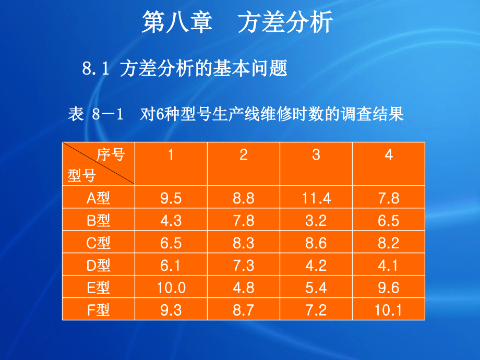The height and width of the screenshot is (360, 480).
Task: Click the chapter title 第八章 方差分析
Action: click(237, 23)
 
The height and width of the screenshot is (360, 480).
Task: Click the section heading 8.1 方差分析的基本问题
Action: click(185, 69)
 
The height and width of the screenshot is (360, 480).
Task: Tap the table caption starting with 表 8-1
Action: click(236, 114)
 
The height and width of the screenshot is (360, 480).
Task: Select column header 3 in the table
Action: click(316, 155)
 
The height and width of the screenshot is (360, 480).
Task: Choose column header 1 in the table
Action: click(171, 155)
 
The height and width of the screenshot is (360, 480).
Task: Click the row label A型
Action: click(98, 198)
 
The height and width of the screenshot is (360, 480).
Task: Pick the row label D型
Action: click(98, 265)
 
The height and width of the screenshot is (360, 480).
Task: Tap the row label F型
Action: click(98, 310)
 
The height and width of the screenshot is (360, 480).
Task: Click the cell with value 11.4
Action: click(316, 198)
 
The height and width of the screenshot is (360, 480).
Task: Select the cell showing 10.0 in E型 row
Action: click(171, 287)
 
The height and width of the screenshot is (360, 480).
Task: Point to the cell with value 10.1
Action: click(389, 310)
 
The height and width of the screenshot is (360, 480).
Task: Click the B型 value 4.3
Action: click(171, 221)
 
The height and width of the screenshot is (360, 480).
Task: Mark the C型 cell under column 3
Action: click(316, 243)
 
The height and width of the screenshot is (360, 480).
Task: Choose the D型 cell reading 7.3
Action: click(244, 265)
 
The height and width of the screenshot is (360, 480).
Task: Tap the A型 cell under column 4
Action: click(389, 198)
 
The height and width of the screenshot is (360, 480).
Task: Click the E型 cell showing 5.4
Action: click(316, 287)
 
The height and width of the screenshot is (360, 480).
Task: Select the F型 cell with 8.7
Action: click(244, 310)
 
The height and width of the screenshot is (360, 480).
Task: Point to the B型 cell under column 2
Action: click(244, 221)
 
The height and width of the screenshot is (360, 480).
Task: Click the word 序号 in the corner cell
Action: click(111, 154)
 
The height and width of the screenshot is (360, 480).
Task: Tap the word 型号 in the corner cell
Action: click(81, 176)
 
